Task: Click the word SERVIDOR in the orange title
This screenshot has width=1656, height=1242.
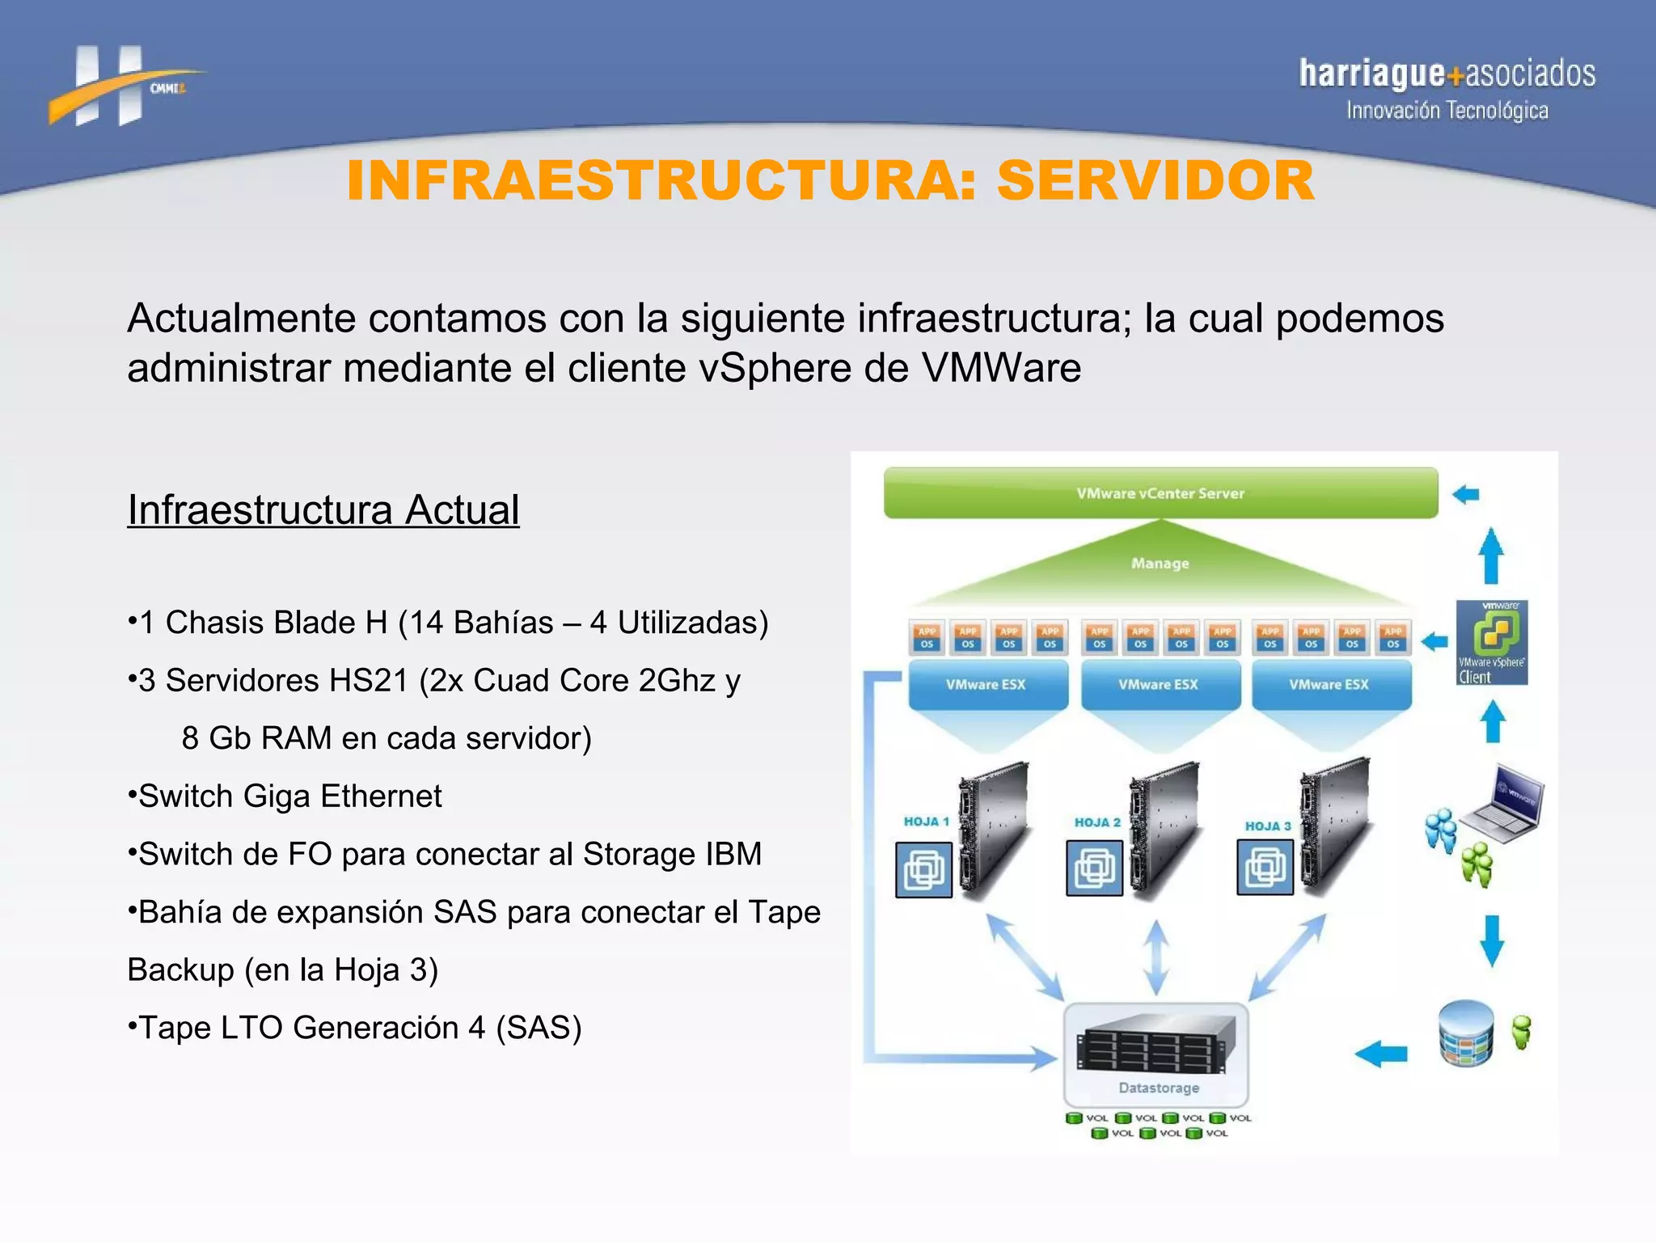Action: coord(1155,180)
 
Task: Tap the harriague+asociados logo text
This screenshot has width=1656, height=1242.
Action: coord(1447,74)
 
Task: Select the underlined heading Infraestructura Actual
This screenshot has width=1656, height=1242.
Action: coord(323,510)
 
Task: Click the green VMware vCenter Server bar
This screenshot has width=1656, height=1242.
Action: coord(1160,493)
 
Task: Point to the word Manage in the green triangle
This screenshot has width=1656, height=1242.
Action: coord(1160,564)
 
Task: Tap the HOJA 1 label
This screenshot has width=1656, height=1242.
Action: coord(926,822)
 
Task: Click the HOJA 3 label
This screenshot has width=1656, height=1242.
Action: coord(1267,826)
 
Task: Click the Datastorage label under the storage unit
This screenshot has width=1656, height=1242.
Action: coord(1159,1088)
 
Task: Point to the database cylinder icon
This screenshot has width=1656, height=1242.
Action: coord(1466,1033)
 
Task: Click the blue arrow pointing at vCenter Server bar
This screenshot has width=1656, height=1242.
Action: coord(1465,494)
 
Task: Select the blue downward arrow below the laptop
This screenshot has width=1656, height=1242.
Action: coord(1492,940)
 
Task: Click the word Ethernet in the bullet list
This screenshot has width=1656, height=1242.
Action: coord(381,796)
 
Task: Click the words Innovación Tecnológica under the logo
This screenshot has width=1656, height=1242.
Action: coord(1447,111)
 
